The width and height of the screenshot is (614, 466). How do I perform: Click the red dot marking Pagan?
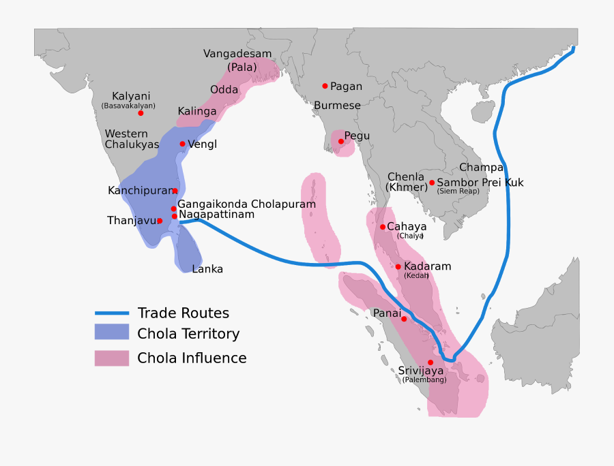325,86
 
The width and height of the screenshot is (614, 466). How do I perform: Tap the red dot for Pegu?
341,142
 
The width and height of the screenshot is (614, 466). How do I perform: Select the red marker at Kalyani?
141,112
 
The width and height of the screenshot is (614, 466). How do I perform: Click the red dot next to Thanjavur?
160,221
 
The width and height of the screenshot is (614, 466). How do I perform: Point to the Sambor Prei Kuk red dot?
431,183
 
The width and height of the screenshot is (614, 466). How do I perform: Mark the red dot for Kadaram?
398,266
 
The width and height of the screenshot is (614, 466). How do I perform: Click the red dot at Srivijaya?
430,362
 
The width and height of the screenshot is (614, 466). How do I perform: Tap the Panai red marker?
404,319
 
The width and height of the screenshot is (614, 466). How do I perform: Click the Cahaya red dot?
382,227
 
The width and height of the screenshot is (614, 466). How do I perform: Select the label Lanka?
207,269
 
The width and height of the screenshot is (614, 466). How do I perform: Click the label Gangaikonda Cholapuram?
246,204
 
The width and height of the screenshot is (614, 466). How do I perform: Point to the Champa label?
481,168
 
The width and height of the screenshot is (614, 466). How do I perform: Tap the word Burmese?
337,106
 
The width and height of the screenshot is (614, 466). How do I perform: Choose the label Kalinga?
197,111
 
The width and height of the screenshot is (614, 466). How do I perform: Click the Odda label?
224,90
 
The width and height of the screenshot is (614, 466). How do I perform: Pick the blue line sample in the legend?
111,313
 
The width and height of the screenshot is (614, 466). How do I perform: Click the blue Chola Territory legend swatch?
111,332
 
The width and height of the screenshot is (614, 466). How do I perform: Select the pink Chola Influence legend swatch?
111,358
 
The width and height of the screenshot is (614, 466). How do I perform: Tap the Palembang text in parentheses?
424,379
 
